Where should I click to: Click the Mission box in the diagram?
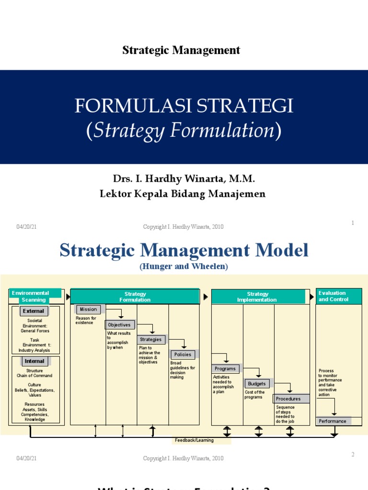pyautogui.click(x=88, y=310)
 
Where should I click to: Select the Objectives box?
pyautogui.click(x=119, y=325)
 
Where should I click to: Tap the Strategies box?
pyautogui.click(x=151, y=340)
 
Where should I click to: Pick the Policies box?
pyautogui.click(x=183, y=355)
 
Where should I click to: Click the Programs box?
pyautogui.click(x=226, y=369)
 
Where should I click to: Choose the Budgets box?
pyautogui.click(x=257, y=384)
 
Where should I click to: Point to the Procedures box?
pyautogui.click(x=289, y=399)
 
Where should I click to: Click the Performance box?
pyautogui.click(x=333, y=421)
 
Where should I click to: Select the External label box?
pyautogui.click(x=34, y=311)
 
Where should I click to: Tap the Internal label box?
pyautogui.click(x=34, y=361)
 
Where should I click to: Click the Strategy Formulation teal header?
pyautogui.click(x=135, y=297)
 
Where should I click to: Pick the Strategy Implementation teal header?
pyautogui.click(x=257, y=297)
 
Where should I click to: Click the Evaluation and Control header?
pyautogui.click(x=338, y=296)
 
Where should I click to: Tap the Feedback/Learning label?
pyautogui.click(x=201, y=440)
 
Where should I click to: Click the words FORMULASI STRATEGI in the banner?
pyautogui.click(x=184, y=106)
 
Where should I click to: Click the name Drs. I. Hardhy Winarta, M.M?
pyautogui.click(x=184, y=179)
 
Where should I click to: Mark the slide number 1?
pyautogui.click(x=352, y=223)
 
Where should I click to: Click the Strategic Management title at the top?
pyautogui.click(x=181, y=50)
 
